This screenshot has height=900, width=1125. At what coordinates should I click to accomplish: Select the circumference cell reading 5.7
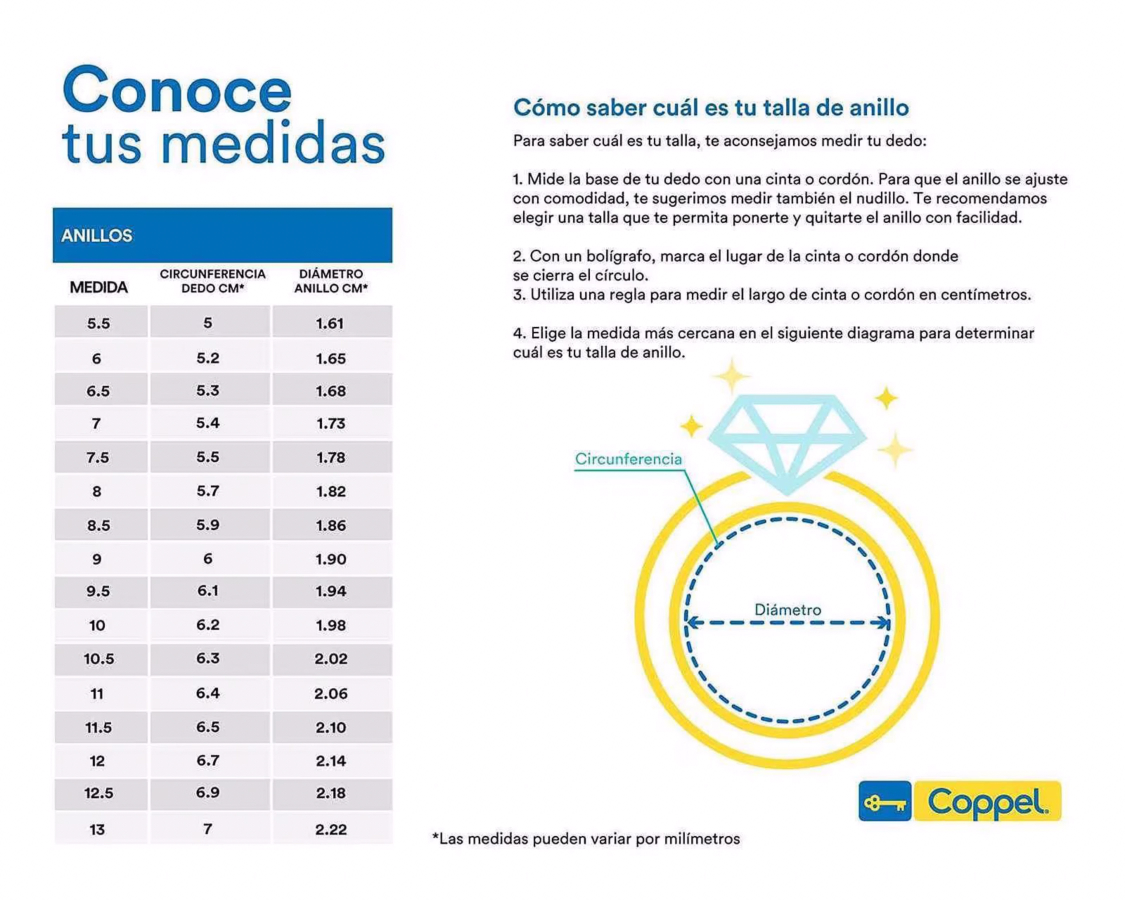tap(208, 491)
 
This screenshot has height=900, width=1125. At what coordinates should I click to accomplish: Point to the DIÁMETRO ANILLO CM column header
tap(331, 281)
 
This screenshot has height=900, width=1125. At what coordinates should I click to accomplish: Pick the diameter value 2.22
tap(331, 829)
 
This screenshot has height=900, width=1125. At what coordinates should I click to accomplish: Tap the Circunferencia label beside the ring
tap(628, 459)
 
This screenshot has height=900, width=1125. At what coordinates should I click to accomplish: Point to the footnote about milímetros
tap(586, 839)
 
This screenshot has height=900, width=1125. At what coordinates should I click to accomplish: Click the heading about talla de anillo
tap(711, 108)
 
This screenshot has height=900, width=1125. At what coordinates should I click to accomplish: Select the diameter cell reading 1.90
tap(331, 559)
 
